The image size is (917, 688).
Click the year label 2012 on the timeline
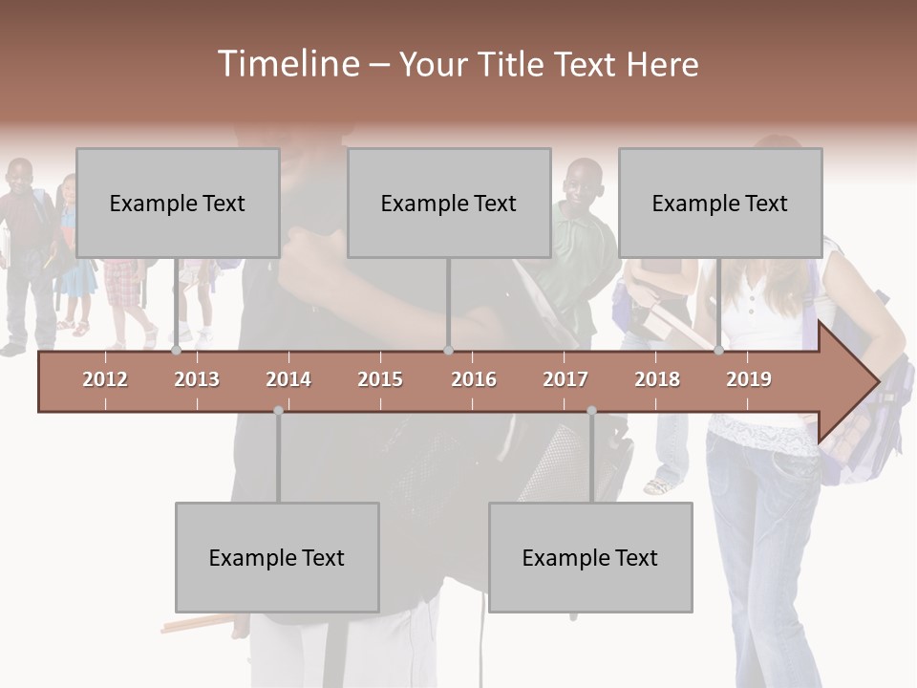tap(105, 379)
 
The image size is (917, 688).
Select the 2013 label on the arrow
tap(197, 379)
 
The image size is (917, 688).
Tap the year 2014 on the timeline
tap(288, 379)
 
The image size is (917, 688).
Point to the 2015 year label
tap(380, 379)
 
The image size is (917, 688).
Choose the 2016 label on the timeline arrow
tap(474, 379)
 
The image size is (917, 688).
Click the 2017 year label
tap(565, 379)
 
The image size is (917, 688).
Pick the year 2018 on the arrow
tap(657, 379)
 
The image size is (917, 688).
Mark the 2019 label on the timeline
tap(749, 379)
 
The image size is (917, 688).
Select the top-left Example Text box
tap(178, 203)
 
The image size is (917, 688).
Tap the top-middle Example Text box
tap(449, 203)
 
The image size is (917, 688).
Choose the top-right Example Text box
tap(720, 203)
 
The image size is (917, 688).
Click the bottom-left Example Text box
tap(277, 558)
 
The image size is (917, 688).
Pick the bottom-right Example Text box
tap(590, 558)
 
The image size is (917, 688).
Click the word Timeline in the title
tap(287, 64)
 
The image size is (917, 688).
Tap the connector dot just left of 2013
tap(177, 351)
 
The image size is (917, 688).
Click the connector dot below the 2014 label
tap(278, 411)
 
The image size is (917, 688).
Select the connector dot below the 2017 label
tap(591, 411)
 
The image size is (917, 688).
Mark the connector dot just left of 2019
tap(719, 351)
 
